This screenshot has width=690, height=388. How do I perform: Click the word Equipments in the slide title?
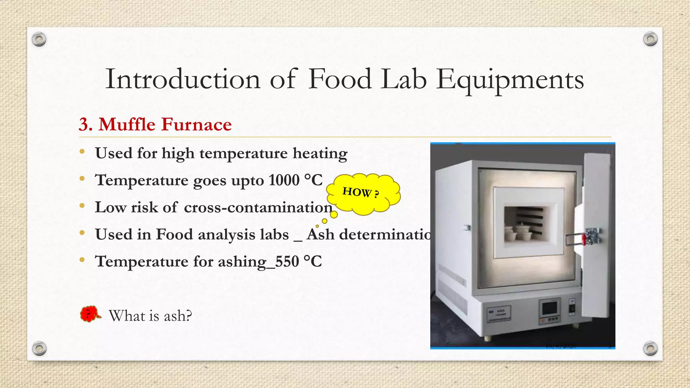click(510, 80)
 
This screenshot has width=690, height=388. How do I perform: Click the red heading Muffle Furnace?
click(165, 124)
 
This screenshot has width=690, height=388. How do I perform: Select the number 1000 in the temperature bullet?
click(284, 180)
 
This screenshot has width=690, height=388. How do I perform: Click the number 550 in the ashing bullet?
click(287, 261)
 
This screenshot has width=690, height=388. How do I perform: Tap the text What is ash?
click(150, 316)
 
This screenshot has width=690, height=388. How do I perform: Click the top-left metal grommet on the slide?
click(39, 40)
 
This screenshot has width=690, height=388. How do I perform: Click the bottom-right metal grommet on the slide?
click(650, 348)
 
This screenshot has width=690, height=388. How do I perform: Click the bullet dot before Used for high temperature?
click(82, 152)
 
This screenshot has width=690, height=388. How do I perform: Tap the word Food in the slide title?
click(340, 80)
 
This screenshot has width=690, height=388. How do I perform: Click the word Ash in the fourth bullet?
click(320, 234)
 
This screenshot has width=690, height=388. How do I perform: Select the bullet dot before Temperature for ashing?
click(82, 260)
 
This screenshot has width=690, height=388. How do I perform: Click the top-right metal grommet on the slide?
click(650, 39)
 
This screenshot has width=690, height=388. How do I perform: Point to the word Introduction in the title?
click(183, 80)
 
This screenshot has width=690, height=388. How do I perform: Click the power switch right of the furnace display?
click(572, 308)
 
